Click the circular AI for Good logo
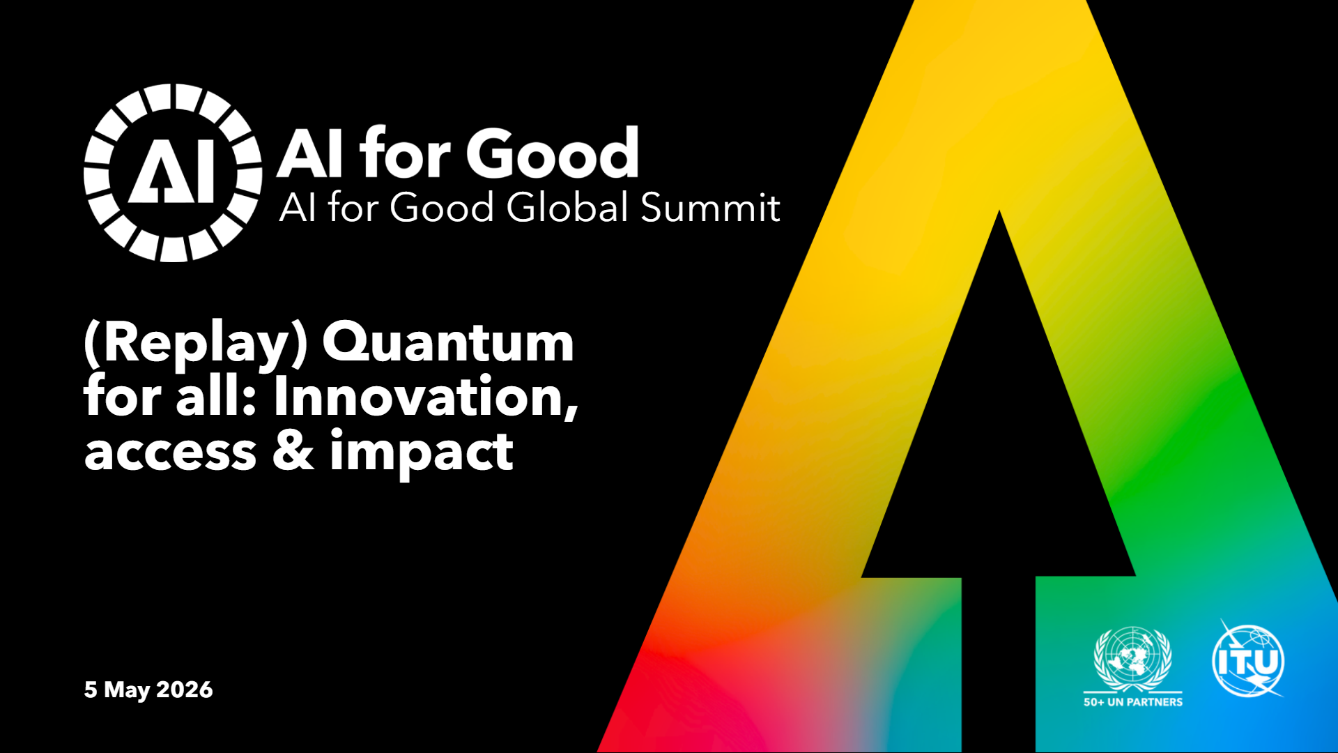click(x=173, y=173)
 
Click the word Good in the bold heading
click(x=553, y=153)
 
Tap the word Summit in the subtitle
click(x=710, y=208)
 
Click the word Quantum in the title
click(x=448, y=342)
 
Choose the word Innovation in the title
click(x=425, y=396)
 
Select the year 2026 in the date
click(x=185, y=690)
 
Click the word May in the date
click(x=127, y=690)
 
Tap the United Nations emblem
click(x=1133, y=658)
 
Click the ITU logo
click(x=1248, y=659)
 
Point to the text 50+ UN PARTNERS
click(x=1133, y=702)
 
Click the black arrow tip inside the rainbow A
click(x=999, y=212)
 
